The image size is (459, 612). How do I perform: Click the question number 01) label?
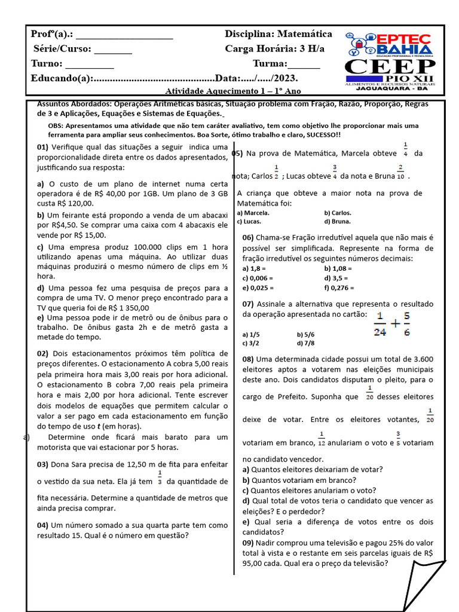coord(42,148)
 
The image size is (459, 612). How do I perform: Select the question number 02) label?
coord(42,353)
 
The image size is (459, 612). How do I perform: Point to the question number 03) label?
coord(42,464)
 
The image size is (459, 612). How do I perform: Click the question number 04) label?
coord(42,525)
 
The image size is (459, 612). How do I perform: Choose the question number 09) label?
coord(249,543)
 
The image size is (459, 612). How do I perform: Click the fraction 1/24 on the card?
coord(380,323)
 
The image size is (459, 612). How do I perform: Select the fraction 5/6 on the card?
coord(406,323)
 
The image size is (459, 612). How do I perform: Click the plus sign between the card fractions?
coord(394,324)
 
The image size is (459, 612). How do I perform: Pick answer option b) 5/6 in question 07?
coord(305,335)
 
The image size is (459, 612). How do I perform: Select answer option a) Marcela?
coord(253,213)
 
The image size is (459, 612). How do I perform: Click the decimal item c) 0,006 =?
coord(258,278)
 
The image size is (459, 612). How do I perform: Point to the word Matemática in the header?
coord(305,34)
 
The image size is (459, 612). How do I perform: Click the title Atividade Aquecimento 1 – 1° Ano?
coord(232,91)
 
